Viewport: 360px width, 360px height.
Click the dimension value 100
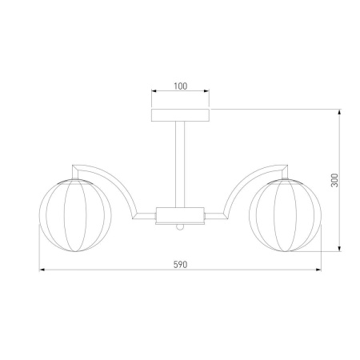tap(181, 86)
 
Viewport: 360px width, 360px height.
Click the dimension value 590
tap(181, 265)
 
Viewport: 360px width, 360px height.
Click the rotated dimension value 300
tap(334, 180)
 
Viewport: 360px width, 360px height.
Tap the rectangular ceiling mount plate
tap(180, 115)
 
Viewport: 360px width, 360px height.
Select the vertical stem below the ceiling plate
tap(180, 165)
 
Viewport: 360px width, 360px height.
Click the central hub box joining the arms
tap(180, 216)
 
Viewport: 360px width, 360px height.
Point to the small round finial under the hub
tap(180, 227)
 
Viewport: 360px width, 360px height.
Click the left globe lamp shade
tap(75, 215)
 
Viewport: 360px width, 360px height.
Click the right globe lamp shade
tap(285, 215)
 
